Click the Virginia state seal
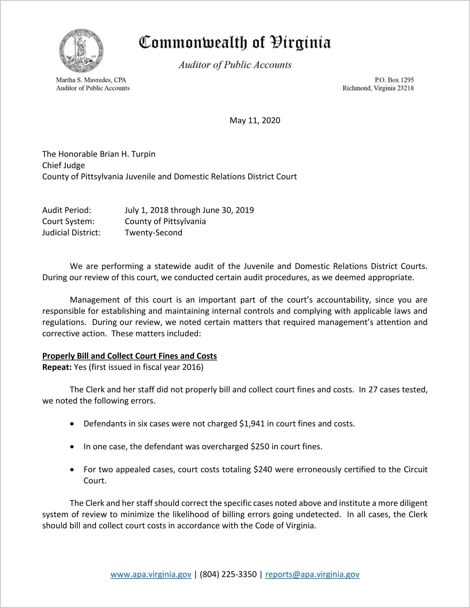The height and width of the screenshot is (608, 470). [x=81, y=50]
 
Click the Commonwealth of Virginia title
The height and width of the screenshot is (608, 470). [x=235, y=43]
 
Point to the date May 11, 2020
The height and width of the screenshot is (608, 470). [x=255, y=120]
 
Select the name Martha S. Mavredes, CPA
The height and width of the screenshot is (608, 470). [x=91, y=80]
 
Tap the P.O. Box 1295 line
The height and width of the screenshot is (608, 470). [x=394, y=80]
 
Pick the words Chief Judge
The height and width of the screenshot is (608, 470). [x=64, y=165]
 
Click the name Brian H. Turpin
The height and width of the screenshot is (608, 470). [x=127, y=154]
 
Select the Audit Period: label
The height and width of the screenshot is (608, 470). [x=67, y=210]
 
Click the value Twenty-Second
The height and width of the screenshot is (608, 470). [x=154, y=233]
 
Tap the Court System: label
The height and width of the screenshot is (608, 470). [x=68, y=221]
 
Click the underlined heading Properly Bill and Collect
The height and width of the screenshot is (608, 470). [x=130, y=356]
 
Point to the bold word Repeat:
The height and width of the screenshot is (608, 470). [x=57, y=367]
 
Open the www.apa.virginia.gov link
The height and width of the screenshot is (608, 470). [x=151, y=574]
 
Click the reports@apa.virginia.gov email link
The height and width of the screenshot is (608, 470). [x=312, y=574]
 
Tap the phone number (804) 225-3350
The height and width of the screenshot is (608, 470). [x=228, y=574]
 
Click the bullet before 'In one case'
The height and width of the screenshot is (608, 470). [x=72, y=447]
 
